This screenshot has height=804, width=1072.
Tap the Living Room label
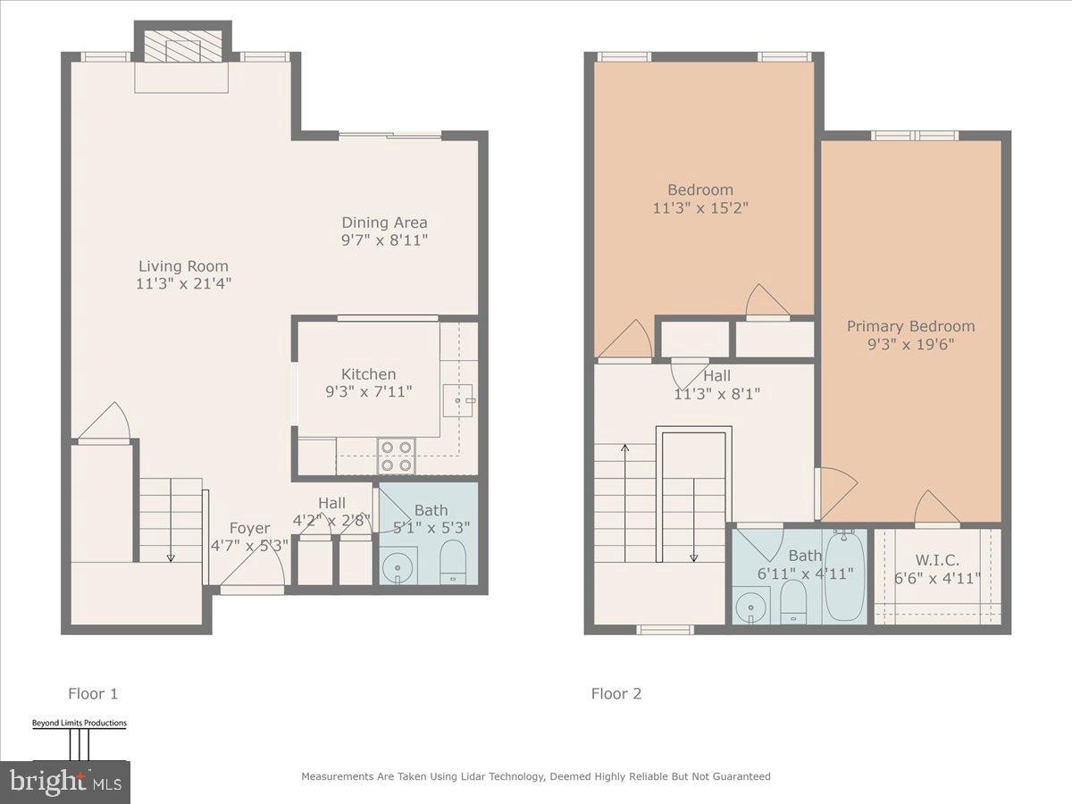point(183,266)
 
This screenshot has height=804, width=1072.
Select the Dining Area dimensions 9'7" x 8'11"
point(384,240)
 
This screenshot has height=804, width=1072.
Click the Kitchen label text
point(368,374)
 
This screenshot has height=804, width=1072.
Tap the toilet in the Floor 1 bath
point(453,561)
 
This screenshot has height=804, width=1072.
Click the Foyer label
point(250,528)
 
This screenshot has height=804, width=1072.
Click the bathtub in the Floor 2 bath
point(843,575)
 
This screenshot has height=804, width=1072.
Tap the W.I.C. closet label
point(938,560)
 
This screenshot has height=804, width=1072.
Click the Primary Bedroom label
point(910,326)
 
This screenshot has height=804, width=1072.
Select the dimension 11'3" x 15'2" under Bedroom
point(700,207)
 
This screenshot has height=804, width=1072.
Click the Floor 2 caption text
point(616,693)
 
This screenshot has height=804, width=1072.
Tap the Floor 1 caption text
point(93,693)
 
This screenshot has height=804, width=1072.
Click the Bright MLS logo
point(64,782)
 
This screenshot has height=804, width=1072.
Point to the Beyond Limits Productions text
point(80,723)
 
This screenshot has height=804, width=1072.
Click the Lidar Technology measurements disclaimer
point(535,776)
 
